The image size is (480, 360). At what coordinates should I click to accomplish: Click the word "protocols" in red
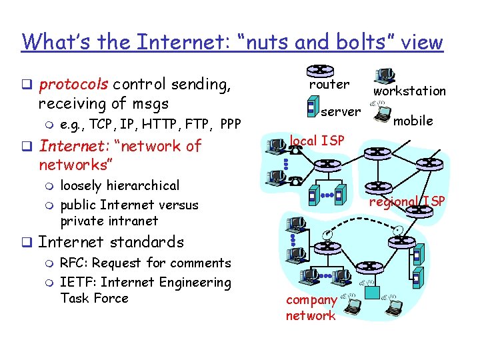click(74, 85)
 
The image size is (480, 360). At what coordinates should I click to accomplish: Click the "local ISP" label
click(317, 141)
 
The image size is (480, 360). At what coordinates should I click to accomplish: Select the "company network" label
click(311, 308)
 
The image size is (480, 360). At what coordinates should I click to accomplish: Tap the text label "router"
click(329, 85)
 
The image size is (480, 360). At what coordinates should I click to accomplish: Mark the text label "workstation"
click(409, 91)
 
